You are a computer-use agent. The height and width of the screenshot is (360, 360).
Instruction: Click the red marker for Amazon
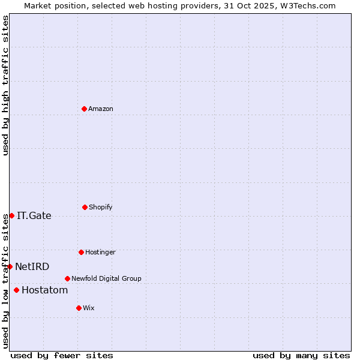(x=84, y=109)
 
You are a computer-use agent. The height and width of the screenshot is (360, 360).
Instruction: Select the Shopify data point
(x=85, y=207)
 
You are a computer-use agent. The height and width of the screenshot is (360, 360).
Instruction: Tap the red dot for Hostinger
(x=81, y=252)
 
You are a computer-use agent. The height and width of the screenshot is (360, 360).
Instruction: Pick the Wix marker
(x=79, y=308)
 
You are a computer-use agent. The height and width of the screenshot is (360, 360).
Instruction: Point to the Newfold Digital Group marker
(x=67, y=278)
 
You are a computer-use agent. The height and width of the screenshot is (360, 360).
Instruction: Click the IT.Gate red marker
(x=11, y=215)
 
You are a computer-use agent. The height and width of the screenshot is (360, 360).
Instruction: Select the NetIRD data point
(x=10, y=266)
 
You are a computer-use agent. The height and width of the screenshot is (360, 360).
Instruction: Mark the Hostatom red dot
(x=16, y=290)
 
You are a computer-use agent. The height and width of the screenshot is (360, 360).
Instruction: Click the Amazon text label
(x=101, y=109)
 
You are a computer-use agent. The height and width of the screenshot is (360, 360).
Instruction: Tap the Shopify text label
(x=101, y=207)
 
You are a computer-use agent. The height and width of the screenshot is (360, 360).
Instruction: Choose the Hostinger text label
(x=100, y=252)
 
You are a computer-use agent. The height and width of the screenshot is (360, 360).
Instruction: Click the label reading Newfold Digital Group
(x=106, y=278)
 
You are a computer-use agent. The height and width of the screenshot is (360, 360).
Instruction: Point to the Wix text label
(x=89, y=308)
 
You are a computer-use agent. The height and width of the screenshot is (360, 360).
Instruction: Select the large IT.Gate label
(x=34, y=215)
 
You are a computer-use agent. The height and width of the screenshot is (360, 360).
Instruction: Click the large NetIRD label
(x=32, y=266)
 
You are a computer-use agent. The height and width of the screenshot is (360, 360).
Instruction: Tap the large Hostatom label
(x=45, y=290)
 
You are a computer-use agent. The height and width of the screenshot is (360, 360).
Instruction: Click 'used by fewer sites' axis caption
(x=62, y=355)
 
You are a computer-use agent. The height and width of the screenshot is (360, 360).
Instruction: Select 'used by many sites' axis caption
(x=301, y=355)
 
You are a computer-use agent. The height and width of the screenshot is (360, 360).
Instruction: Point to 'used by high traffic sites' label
(x=5, y=85)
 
